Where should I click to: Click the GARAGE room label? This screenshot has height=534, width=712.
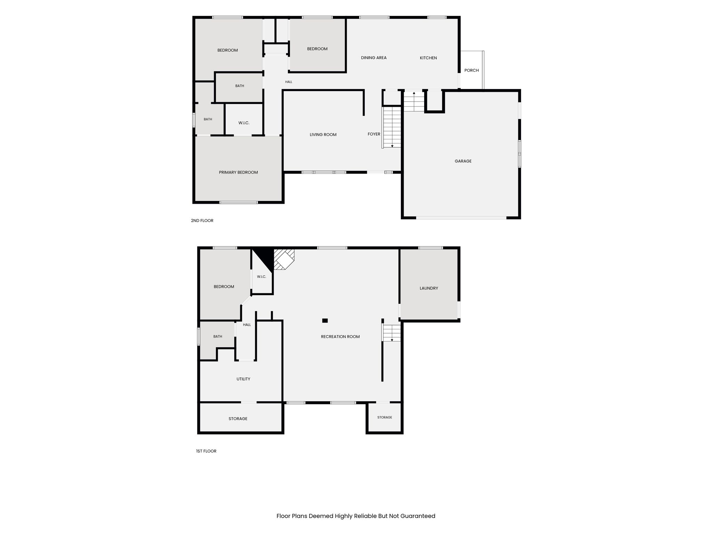(463, 161)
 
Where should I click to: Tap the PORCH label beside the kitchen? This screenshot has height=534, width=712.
(471, 70)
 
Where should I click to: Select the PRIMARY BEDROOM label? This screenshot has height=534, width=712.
(238, 172)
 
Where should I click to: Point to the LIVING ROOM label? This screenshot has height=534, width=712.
(323, 135)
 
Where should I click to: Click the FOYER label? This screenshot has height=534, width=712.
(374, 134)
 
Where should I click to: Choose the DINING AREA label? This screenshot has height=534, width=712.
(374, 58)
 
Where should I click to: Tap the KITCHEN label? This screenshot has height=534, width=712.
(428, 58)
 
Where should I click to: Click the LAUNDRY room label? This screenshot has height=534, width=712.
(429, 288)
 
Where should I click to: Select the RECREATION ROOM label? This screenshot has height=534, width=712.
(340, 337)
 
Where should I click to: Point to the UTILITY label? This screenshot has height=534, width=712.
(243, 379)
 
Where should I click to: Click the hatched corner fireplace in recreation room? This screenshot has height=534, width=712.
(284, 259)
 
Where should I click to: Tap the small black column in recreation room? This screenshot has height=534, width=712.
(325, 321)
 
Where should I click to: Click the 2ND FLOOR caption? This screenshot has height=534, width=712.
(202, 220)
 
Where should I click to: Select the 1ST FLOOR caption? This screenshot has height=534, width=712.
(206, 451)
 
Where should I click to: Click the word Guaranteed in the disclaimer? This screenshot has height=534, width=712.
(418, 516)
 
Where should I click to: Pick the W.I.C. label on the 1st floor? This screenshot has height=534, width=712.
(261, 277)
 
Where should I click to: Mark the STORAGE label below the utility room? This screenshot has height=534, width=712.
(238, 419)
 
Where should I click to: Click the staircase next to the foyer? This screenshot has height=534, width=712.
(392, 127)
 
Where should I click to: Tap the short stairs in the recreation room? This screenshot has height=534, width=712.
(392, 333)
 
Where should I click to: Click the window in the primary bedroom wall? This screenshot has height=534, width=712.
(238, 202)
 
